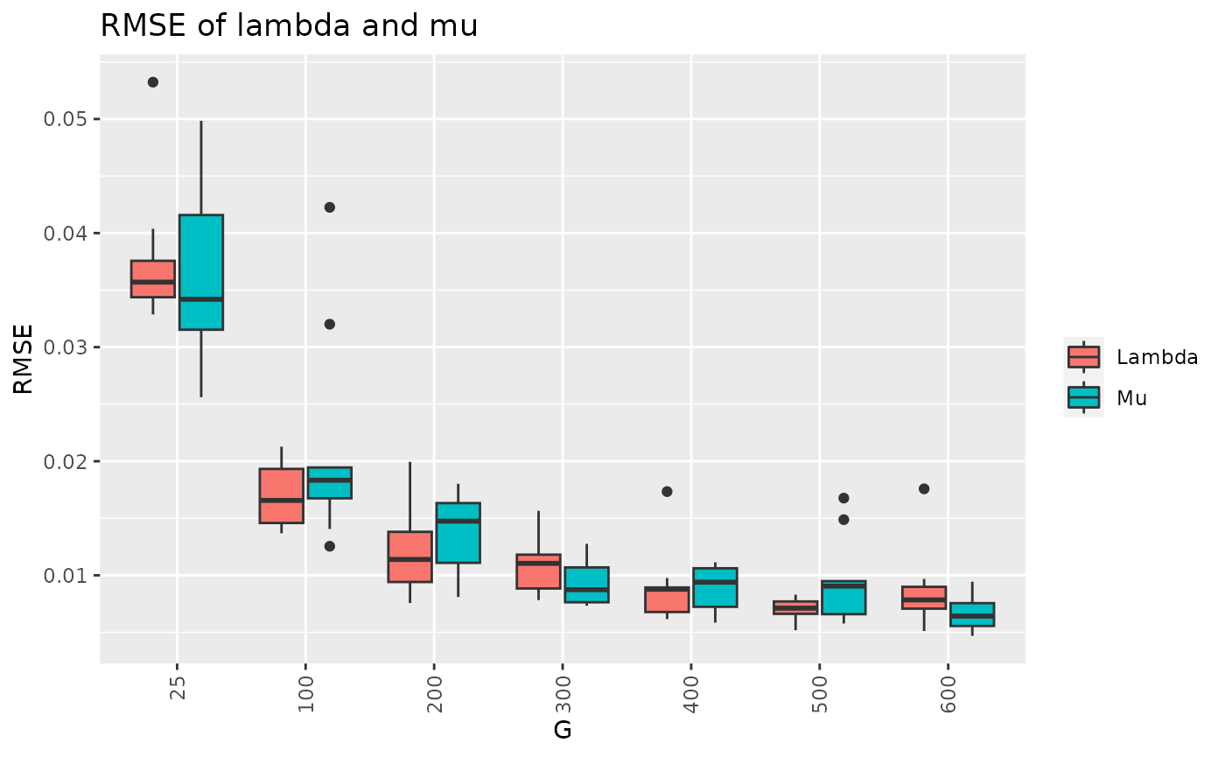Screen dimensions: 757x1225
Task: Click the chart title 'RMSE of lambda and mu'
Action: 289,26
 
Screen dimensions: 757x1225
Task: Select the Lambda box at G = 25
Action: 153,279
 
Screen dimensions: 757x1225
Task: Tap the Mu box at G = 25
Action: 201,271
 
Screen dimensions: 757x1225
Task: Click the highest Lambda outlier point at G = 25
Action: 153,82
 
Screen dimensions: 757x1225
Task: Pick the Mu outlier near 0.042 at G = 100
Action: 330,207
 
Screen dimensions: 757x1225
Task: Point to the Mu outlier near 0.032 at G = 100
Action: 330,324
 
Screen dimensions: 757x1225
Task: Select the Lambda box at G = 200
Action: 410,557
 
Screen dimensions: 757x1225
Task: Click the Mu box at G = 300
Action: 586,585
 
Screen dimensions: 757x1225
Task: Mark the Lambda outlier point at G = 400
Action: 667,492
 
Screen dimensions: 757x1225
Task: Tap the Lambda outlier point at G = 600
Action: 924,488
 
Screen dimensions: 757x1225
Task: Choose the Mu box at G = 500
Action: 843,598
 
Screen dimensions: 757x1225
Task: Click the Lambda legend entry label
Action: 1157,357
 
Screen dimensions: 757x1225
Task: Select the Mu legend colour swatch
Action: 1083,397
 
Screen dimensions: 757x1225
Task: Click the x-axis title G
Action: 563,730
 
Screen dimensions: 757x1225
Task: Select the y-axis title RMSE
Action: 24,359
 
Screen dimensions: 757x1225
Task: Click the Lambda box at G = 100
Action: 282,495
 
